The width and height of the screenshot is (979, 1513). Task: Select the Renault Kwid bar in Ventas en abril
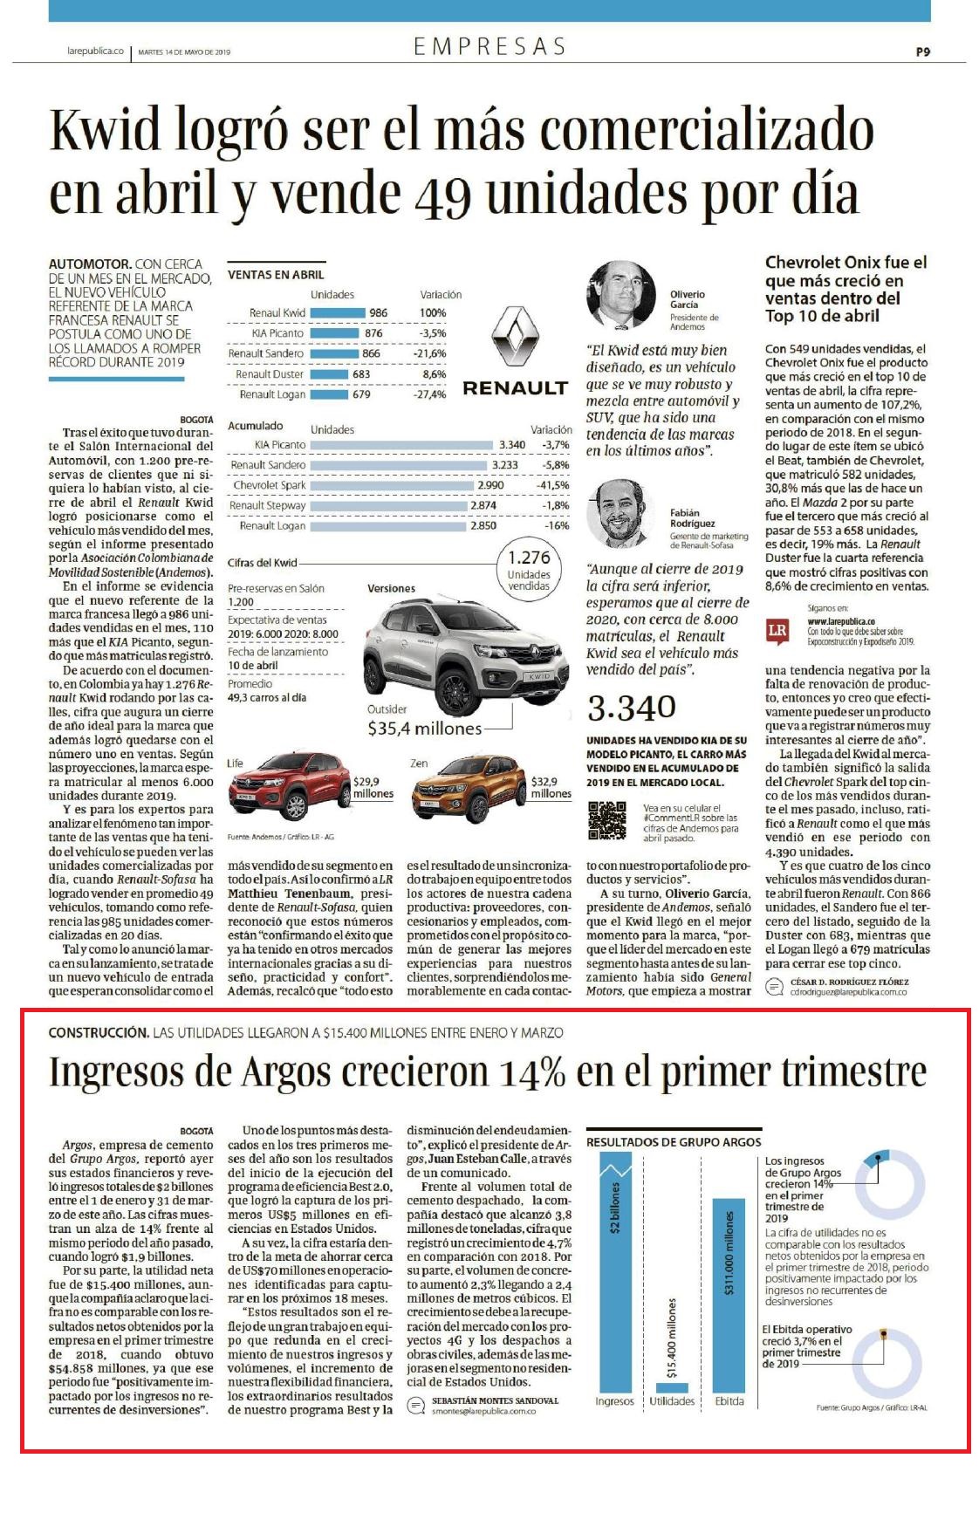(x=338, y=312)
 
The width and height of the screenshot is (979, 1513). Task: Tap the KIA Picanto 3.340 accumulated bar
(x=402, y=445)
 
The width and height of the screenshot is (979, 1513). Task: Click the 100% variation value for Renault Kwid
(x=433, y=312)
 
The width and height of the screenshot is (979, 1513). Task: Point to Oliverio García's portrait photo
(x=621, y=296)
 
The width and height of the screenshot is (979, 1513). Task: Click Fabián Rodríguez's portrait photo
(x=621, y=512)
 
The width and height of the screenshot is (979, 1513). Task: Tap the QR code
(x=607, y=821)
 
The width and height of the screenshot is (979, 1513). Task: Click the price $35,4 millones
(x=424, y=728)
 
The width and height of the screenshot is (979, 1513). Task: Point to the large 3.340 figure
(x=632, y=708)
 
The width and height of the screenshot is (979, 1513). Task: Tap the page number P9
(x=923, y=51)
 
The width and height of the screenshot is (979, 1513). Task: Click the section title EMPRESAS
(x=489, y=46)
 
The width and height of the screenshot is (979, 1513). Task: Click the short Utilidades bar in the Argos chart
(x=672, y=1387)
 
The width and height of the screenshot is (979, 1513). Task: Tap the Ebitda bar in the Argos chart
(x=729, y=1296)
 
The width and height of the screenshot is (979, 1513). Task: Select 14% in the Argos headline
(x=532, y=1072)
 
